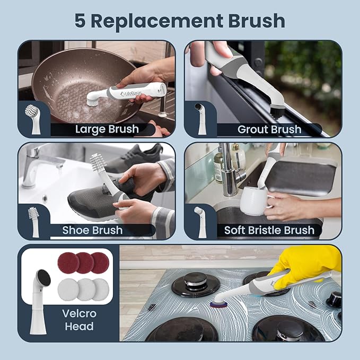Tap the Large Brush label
pyautogui.click(x=107, y=129)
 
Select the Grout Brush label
pyautogui.click(x=269, y=129)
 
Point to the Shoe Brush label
pyautogui.click(x=92, y=230)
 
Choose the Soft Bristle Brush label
pyautogui.click(x=269, y=230)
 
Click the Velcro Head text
pyautogui.click(x=80, y=320)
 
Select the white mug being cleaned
pyautogui.click(x=253, y=201)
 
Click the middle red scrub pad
pyautogui.click(x=84, y=262)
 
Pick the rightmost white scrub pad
pyautogui.click(x=100, y=288)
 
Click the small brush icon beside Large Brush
pyautogui.click(x=33, y=119)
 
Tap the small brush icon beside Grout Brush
pyautogui.click(x=200, y=118)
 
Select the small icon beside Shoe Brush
pyautogui.click(x=33, y=221)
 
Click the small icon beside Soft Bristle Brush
pyautogui.click(x=199, y=221)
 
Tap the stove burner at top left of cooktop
pyautogui.click(x=196, y=284)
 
